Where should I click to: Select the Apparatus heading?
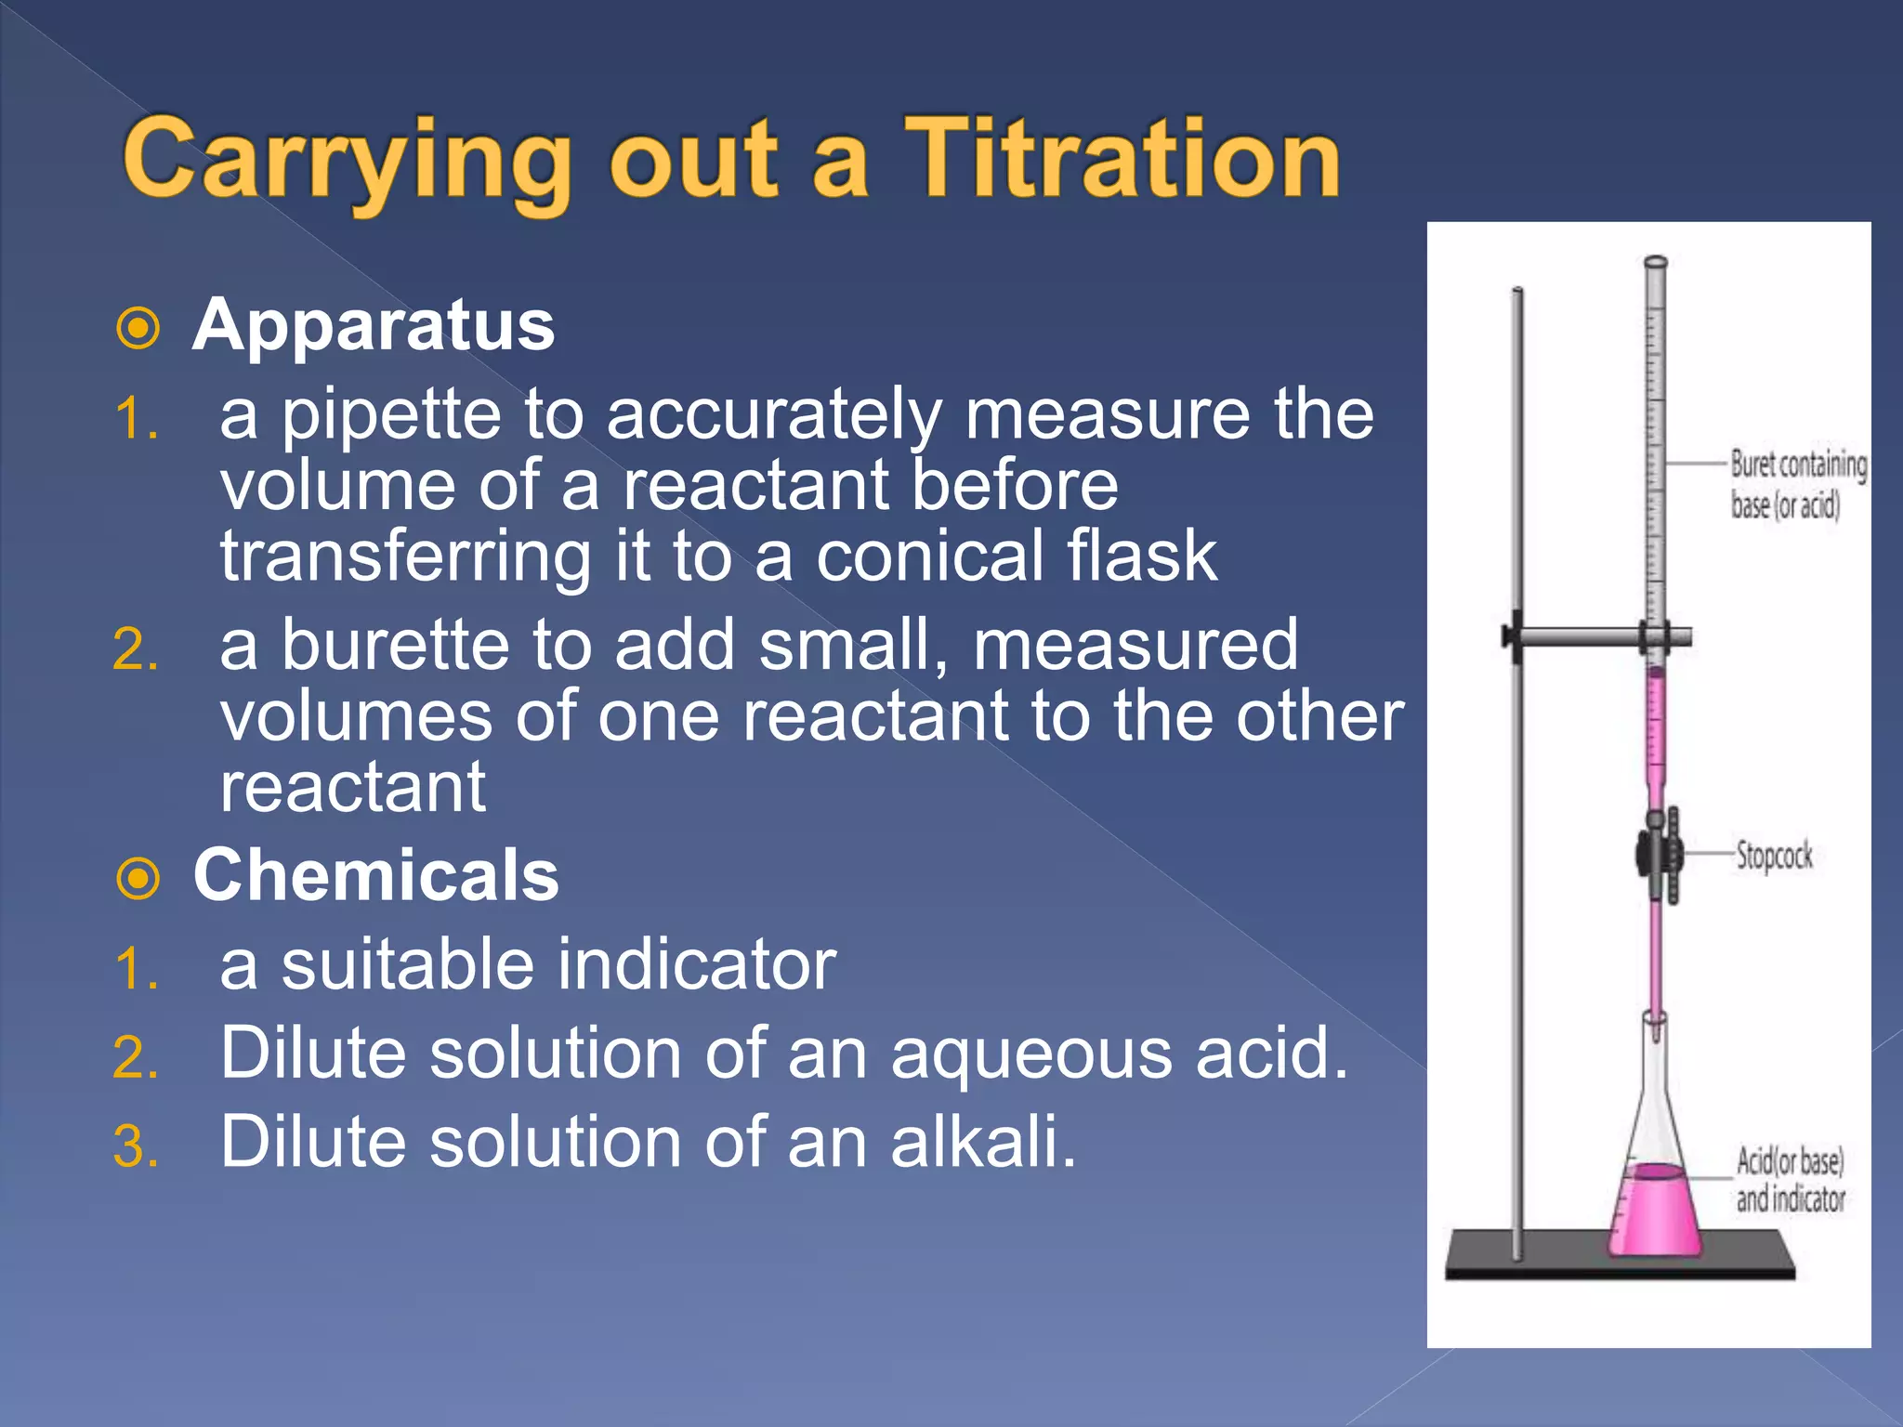pos(374,325)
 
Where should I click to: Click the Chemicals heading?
pos(376,875)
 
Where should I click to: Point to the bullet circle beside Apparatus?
pos(139,328)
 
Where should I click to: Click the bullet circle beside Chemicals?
pos(139,878)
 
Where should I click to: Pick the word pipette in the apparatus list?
pos(391,415)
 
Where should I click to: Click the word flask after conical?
pos(1141,556)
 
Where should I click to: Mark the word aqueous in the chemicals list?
pos(1031,1054)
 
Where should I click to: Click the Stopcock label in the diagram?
pos(1774,855)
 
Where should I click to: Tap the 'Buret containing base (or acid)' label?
pos(1797,484)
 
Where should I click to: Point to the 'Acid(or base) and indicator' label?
pos(1790,1180)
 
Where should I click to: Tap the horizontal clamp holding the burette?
pos(1580,637)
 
